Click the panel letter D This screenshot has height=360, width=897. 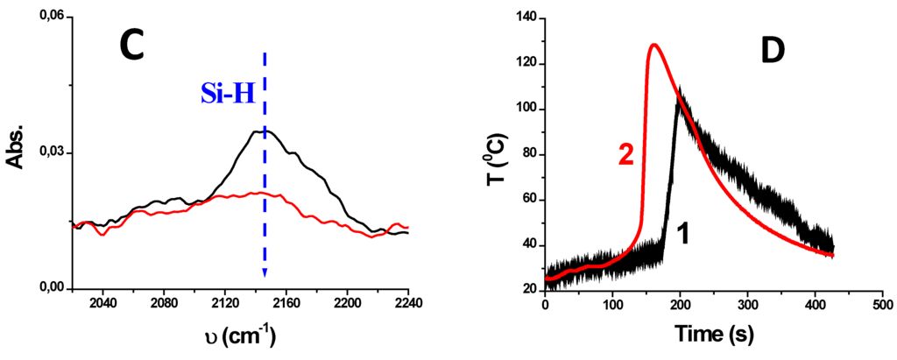pos(772,52)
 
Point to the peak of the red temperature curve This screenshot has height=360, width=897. pos(653,45)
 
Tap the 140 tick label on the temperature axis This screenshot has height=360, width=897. pos(523,18)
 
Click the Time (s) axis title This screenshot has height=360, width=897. pos(713,335)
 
